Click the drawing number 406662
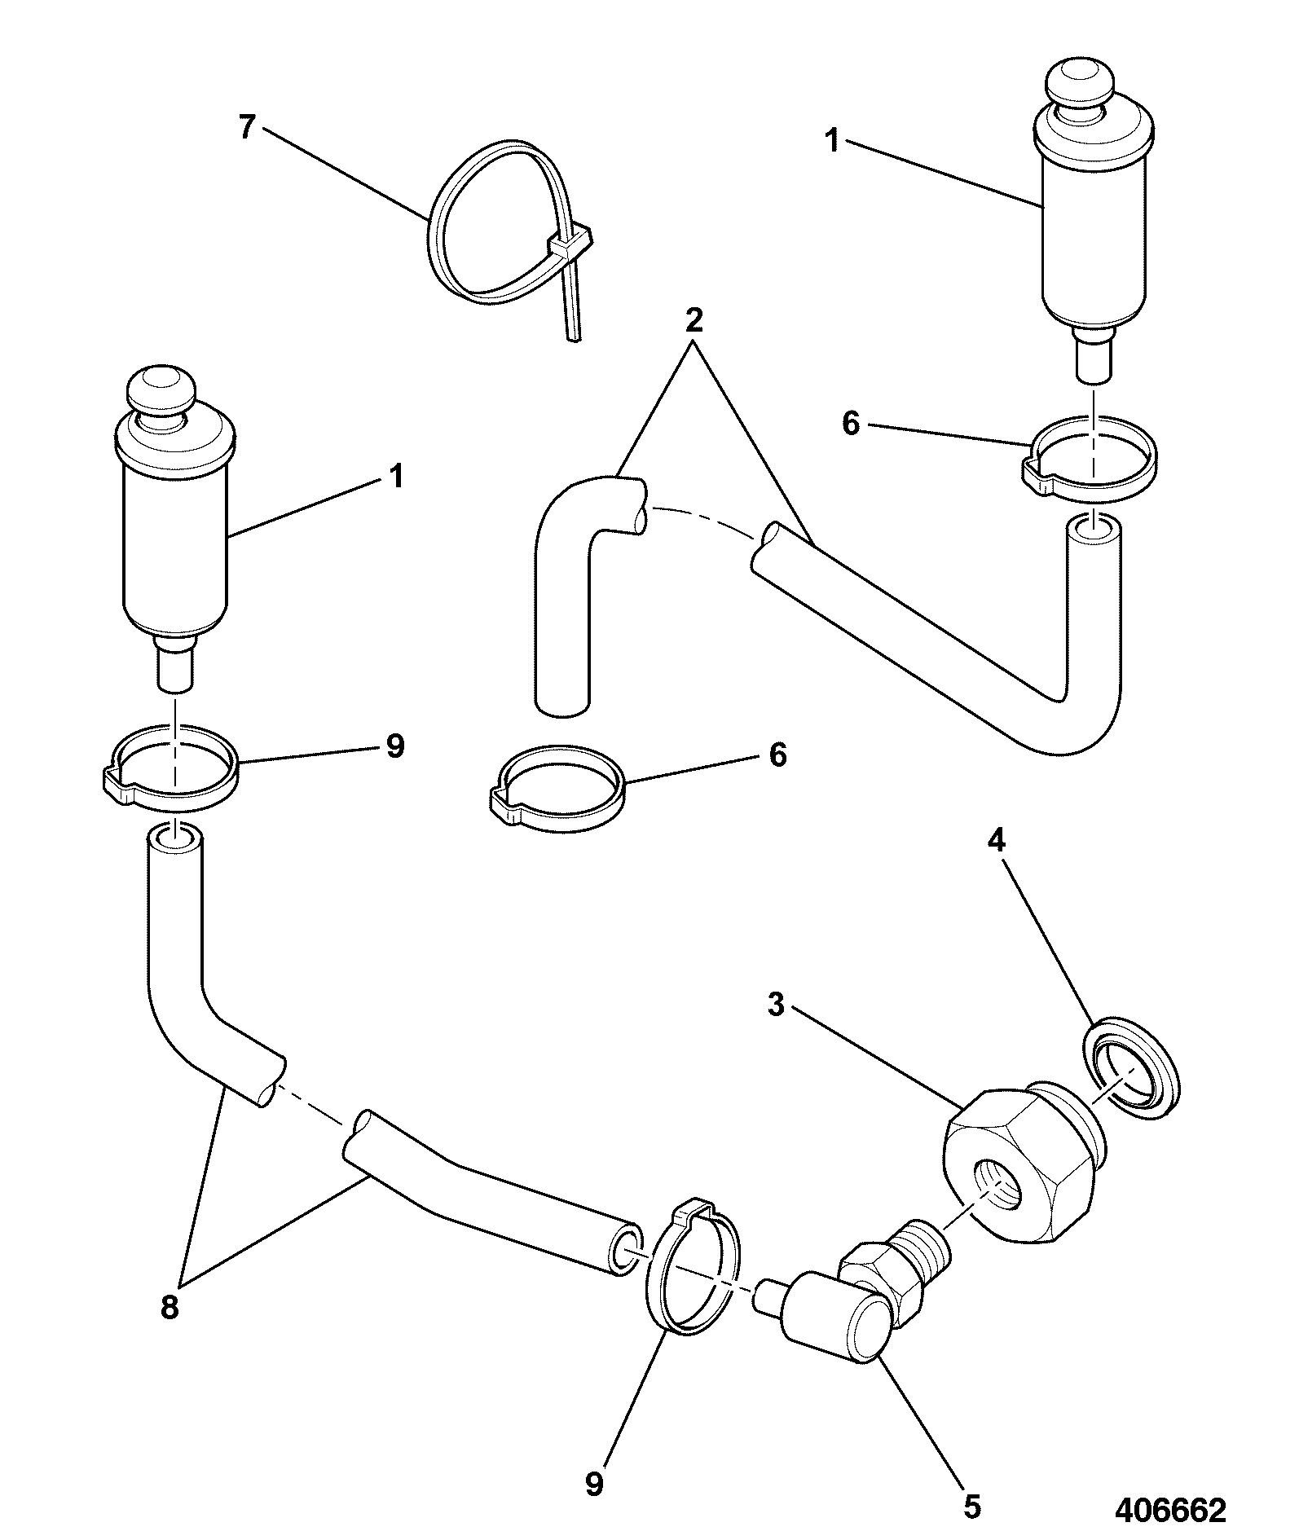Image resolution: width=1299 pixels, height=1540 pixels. pyautogui.click(x=1170, y=1511)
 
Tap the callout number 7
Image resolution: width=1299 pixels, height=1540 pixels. pyautogui.click(x=248, y=128)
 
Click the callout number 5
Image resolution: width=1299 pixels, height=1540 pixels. pyautogui.click(x=971, y=1507)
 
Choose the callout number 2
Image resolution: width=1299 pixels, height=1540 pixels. pyautogui.click(x=694, y=320)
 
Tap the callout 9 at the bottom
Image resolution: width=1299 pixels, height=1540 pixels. pyautogui.click(x=595, y=1485)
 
